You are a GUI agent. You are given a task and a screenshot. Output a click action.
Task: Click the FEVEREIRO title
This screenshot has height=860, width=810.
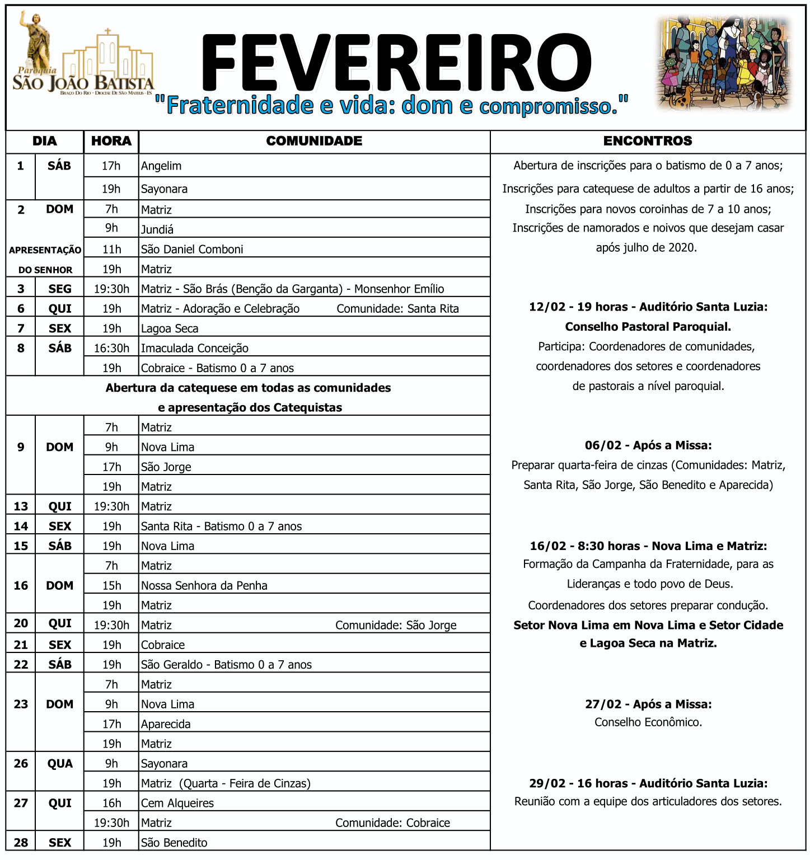click(x=395, y=63)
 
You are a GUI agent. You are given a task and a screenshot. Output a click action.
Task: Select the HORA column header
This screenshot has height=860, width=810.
click(x=111, y=141)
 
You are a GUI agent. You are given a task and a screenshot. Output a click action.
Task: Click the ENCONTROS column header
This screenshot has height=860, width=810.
click(x=648, y=141)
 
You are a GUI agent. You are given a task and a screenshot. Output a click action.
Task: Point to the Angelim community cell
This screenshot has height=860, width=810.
click(x=161, y=166)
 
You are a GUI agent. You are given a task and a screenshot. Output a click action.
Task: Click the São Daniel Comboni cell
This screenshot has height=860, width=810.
click(x=192, y=249)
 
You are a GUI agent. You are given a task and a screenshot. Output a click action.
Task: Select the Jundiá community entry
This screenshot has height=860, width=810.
click(x=157, y=229)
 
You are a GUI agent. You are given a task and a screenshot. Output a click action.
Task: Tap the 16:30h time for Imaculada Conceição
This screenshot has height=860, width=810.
click(x=111, y=348)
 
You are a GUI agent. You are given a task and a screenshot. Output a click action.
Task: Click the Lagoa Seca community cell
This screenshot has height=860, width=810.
click(x=170, y=328)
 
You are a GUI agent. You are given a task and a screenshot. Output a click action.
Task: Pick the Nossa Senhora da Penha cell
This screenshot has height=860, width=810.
click(x=204, y=586)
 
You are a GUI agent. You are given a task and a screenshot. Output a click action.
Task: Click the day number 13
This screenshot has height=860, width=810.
click(x=21, y=506)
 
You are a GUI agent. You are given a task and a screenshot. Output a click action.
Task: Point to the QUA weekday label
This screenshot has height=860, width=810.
click(x=60, y=764)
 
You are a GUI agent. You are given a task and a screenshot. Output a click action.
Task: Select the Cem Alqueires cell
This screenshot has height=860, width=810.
click(x=177, y=803)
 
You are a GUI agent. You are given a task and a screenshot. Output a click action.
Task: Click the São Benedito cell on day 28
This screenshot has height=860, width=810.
click(x=174, y=843)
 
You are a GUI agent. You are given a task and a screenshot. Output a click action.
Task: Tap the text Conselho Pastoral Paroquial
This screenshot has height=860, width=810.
click(x=648, y=327)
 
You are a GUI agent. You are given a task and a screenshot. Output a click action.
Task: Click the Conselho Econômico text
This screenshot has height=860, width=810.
click(x=648, y=722)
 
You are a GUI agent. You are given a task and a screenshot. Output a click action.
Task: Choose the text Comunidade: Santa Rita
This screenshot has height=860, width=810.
click(x=397, y=309)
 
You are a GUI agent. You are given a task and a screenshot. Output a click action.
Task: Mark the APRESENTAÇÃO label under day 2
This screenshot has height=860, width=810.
click(x=45, y=250)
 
